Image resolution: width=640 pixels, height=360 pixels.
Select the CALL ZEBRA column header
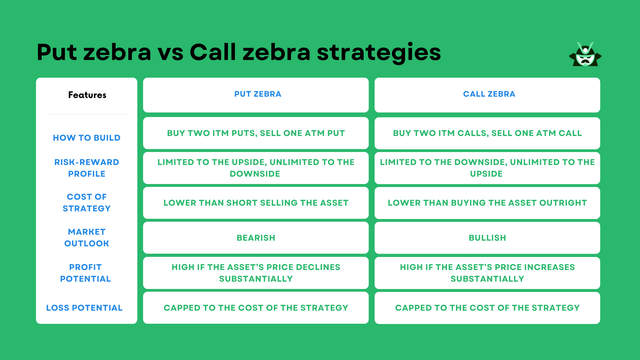pyautogui.click(x=487, y=95)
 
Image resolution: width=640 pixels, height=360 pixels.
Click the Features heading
pyautogui.click(x=87, y=96)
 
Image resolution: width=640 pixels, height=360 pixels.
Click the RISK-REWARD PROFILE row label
pyautogui.click(x=87, y=167)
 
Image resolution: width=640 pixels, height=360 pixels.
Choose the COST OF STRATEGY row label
pyautogui.click(x=87, y=203)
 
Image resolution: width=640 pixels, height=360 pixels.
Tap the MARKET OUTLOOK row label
pyautogui.click(x=87, y=237)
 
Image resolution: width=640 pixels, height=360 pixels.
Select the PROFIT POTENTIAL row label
pyautogui.click(x=87, y=272)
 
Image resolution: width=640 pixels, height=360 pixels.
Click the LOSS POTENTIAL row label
pyautogui.click(x=87, y=307)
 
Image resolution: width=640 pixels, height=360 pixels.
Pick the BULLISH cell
pyautogui.click(x=487, y=238)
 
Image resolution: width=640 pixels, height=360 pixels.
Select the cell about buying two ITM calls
pyautogui.click(x=487, y=133)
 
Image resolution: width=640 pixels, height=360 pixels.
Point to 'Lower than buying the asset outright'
pyautogui.click(x=487, y=203)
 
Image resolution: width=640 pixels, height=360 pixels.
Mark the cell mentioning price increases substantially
pyautogui.click(x=487, y=273)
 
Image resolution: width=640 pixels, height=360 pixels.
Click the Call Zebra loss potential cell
pyautogui.click(x=487, y=307)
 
